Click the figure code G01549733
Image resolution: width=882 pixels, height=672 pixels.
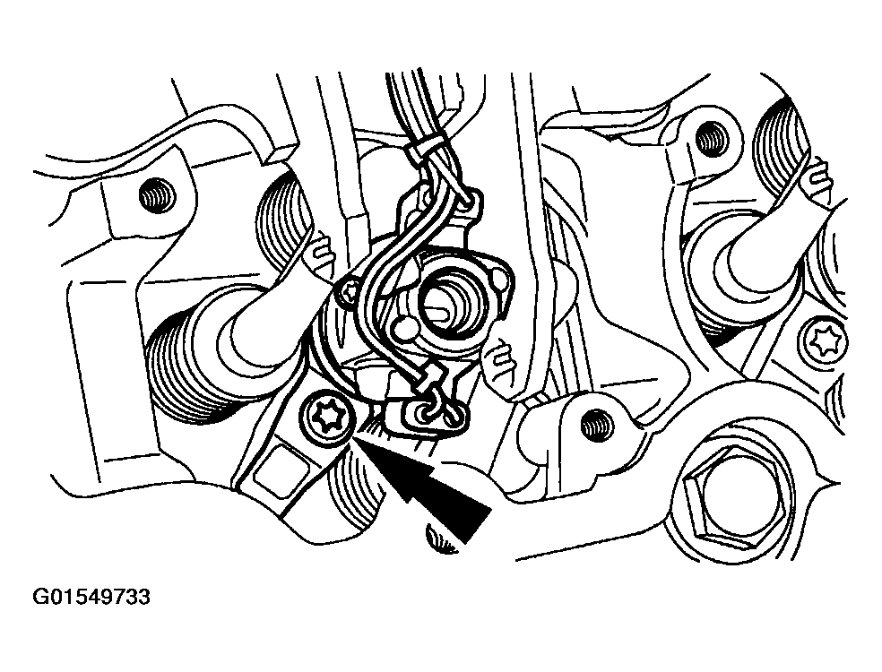point(91,597)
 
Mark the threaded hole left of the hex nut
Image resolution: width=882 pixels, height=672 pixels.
point(597,426)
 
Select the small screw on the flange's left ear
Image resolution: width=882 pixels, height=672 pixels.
point(347,291)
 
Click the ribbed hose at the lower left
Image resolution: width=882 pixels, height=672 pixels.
point(185,374)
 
